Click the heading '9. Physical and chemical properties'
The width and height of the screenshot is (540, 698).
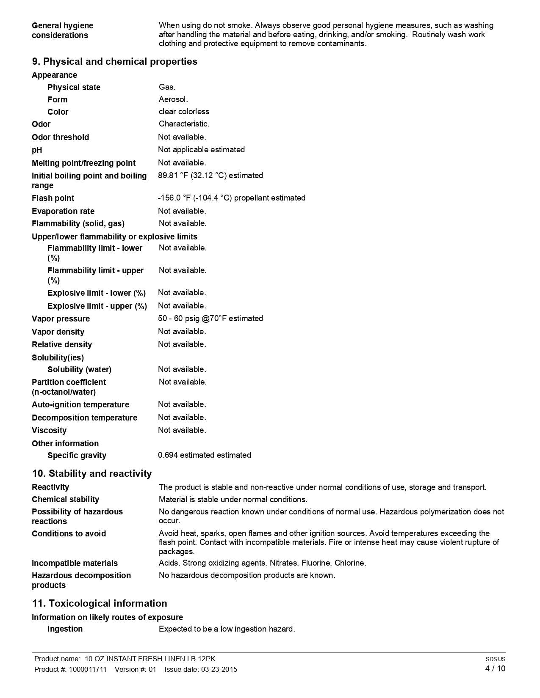pos(114,62)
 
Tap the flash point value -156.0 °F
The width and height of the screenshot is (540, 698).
pos(172,198)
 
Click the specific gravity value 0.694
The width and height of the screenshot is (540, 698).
pos(168,455)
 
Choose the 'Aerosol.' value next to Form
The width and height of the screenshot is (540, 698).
pos(173,99)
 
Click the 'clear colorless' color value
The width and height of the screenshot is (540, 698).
pos(184,112)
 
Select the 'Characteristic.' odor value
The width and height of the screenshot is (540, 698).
pos(184,124)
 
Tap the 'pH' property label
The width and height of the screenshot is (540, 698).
pos(37,150)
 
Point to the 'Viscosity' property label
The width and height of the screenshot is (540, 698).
pos(49,431)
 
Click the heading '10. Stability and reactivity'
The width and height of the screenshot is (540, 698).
pos(91,474)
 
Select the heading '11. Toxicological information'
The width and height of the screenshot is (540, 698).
pos(99,604)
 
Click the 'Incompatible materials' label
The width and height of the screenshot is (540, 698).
pos(75,563)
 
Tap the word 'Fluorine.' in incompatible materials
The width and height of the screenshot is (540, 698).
pos(316,563)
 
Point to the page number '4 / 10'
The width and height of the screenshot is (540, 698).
pos(495,669)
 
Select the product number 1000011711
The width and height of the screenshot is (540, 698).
pos(88,669)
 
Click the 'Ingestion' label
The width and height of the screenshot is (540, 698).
pos(65,629)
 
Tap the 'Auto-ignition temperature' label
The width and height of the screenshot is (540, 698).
pos(80,405)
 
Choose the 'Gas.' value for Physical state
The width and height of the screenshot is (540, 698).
pos(167,87)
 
